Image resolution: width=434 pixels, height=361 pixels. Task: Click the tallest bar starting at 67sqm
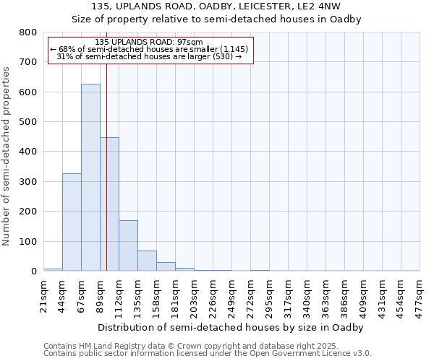90,178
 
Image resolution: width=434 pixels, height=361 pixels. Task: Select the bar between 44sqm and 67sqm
72,222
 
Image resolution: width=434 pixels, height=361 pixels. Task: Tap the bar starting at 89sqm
109,204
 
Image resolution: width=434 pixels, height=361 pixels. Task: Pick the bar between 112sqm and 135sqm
128,245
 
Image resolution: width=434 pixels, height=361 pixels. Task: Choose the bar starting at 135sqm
147,261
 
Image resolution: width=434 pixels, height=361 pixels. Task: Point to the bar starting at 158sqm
166,266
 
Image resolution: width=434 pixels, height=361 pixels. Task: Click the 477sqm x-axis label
420,294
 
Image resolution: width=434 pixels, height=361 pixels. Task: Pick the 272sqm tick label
251,294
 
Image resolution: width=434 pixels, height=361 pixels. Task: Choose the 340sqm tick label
307,294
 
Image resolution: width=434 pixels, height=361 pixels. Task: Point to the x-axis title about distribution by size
230,327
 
